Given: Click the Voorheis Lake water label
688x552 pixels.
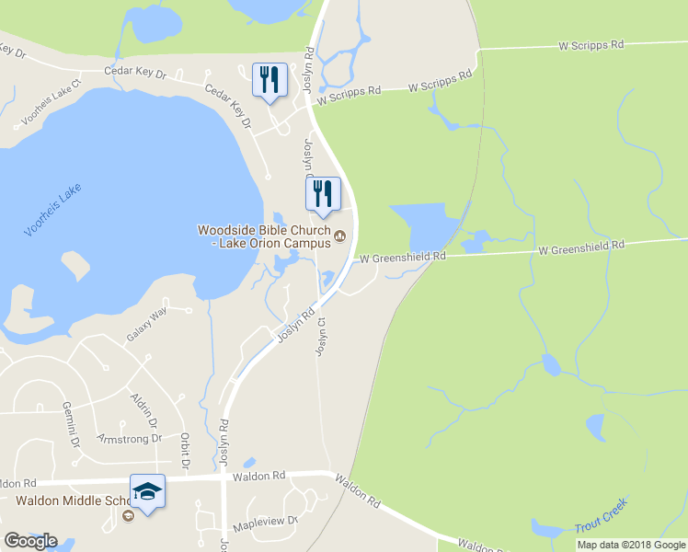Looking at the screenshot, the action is click(x=53, y=211).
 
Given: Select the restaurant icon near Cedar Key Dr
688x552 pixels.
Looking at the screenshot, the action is click(x=269, y=80).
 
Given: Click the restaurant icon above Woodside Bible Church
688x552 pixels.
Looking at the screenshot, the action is click(x=323, y=193).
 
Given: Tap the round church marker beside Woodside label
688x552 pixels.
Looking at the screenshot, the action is click(x=339, y=236).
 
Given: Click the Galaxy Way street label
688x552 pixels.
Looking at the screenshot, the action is click(x=147, y=325).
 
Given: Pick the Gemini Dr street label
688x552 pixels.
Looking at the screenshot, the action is click(x=71, y=423).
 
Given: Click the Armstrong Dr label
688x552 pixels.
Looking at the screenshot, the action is click(x=128, y=439).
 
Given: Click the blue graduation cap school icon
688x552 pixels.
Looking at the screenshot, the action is click(x=147, y=492).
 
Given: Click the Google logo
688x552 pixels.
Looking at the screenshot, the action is click(x=30, y=541).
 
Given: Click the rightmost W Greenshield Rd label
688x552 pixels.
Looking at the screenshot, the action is click(x=581, y=247).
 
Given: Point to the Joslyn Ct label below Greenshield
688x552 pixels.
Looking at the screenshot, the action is click(x=322, y=337).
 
